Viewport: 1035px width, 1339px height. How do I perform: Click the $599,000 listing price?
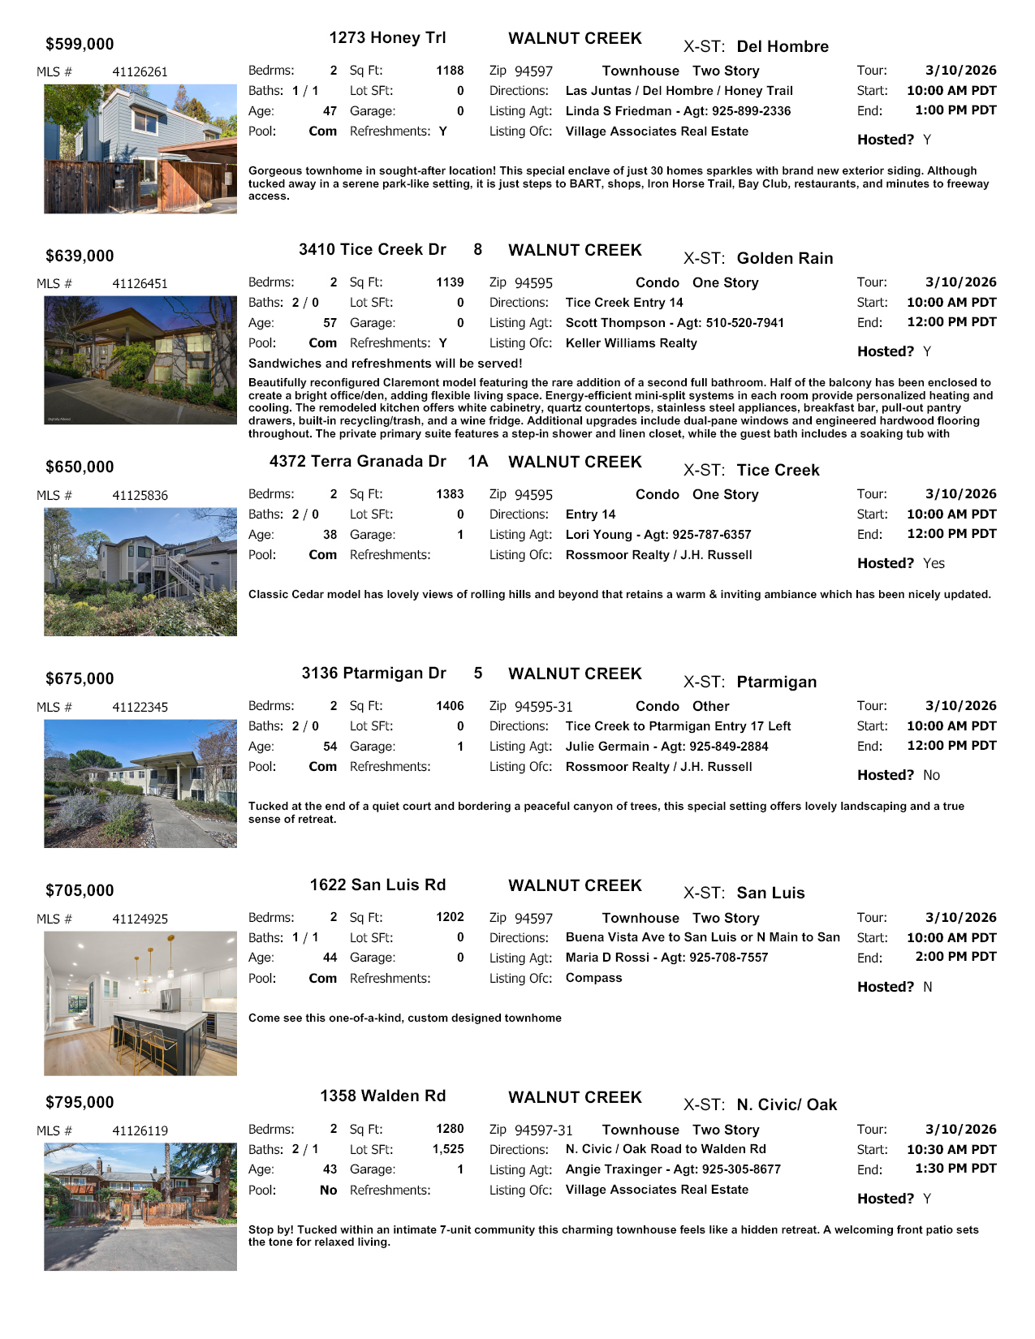(80, 45)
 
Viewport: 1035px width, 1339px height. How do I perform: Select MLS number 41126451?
(140, 284)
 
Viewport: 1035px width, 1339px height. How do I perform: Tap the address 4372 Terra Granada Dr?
(357, 462)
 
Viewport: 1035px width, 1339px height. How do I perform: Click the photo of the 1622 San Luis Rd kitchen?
(140, 1003)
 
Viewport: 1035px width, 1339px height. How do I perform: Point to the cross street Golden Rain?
(784, 259)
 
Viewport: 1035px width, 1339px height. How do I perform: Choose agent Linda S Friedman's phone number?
(751, 111)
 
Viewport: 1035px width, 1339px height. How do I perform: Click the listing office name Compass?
(593, 978)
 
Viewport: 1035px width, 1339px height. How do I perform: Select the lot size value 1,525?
(447, 1150)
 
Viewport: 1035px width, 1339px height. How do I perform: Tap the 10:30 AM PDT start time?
(951, 1150)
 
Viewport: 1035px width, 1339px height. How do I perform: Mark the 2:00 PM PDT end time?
(955, 958)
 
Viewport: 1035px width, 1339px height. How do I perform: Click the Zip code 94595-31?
(543, 707)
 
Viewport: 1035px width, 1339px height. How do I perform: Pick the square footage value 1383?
(450, 494)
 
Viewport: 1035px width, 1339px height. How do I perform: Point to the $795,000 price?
(80, 1103)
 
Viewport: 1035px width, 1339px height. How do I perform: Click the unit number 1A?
(477, 462)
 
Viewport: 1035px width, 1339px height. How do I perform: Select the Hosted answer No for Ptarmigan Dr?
(931, 776)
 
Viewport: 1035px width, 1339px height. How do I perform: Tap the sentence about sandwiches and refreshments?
(385, 364)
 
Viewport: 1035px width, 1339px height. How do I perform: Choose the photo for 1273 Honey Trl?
(140, 149)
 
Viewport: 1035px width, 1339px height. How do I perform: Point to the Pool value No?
(328, 1190)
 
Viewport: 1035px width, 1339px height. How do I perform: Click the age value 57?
(330, 323)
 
